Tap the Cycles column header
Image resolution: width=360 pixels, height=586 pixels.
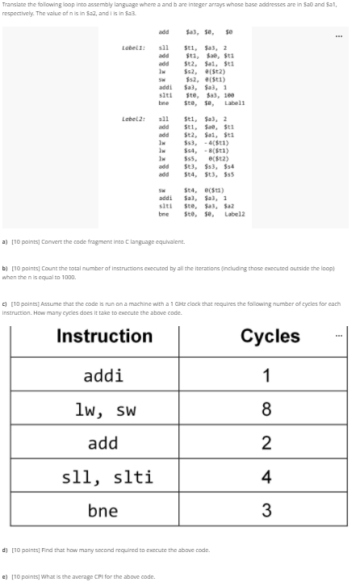tap(270, 336)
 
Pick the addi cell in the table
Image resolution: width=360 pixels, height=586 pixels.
tap(103, 375)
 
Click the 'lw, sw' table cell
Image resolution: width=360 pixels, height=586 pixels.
tap(107, 409)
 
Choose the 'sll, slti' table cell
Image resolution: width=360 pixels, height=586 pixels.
tap(107, 476)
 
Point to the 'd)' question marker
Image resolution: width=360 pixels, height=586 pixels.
tap(6, 550)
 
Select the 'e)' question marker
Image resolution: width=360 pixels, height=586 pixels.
tap(6, 576)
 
